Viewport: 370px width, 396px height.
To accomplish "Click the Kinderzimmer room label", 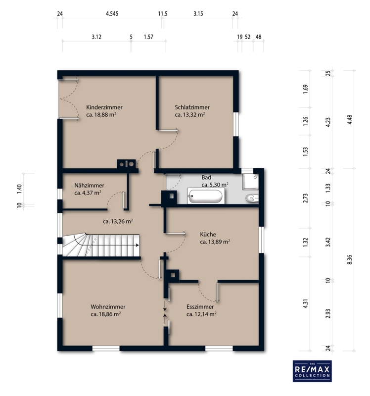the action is pyautogui.click(x=104, y=107).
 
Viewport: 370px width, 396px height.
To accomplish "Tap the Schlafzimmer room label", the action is pyautogui.click(x=192, y=107).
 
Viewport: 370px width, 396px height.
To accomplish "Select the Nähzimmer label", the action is pyautogui.click(x=89, y=185).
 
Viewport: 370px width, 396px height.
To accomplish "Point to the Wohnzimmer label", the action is pyautogui.click(x=108, y=307).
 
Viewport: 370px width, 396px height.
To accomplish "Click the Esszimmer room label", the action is pyautogui.click(x=200, y=307).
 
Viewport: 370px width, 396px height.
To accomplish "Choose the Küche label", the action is pyautogui.click(x=208, y=234).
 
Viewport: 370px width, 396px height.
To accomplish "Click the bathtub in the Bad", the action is pyautogui.click(x=206, y=196).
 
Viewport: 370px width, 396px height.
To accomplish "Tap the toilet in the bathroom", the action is pyautogui.click(x=252, y=198).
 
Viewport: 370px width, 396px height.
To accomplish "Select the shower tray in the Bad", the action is pyautogui.click(x=250, y=182).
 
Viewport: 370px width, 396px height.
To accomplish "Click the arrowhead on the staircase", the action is pyautogui.click(x=137, y=245).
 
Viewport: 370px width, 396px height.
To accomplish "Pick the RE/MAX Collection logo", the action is pyautogui.click(x=312, y=371).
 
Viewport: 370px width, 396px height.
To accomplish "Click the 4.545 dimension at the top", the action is pyautogui.click(x=112, y=14).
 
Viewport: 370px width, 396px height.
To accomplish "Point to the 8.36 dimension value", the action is pyautogui.click(x=350, y=259).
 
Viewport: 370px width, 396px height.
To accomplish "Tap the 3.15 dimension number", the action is pyautogui.click(x=198, y=14).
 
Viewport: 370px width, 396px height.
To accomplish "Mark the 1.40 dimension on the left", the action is pyautogui.click(x=19, y=189).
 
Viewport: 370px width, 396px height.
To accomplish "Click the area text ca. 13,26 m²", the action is pyautogui.click(x=118, y=221).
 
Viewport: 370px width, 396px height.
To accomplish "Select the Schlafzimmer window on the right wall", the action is pyautogui.click(x=236, y=124).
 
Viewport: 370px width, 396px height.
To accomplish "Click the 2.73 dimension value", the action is pyautogui.click(x=305, y=198).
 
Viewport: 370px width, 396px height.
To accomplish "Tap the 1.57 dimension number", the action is pyautogui.click(x=148, y=37).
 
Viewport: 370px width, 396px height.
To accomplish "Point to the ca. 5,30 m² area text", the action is pyautogui.click(x=215, y=185).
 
